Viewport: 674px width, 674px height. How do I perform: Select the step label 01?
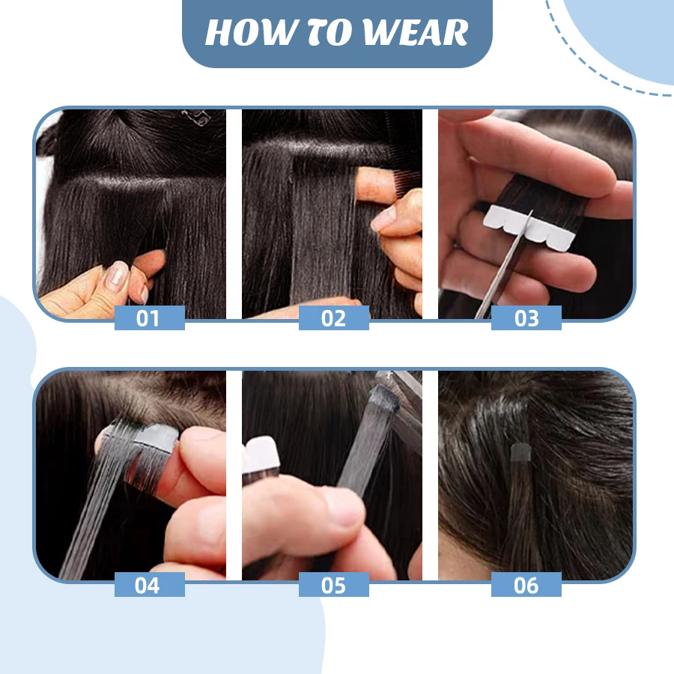148,318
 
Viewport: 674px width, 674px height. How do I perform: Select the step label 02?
333,318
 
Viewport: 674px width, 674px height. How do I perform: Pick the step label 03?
526,318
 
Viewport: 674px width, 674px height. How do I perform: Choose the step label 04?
148,584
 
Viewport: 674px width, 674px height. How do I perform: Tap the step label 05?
333,584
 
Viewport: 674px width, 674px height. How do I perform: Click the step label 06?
526,584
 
